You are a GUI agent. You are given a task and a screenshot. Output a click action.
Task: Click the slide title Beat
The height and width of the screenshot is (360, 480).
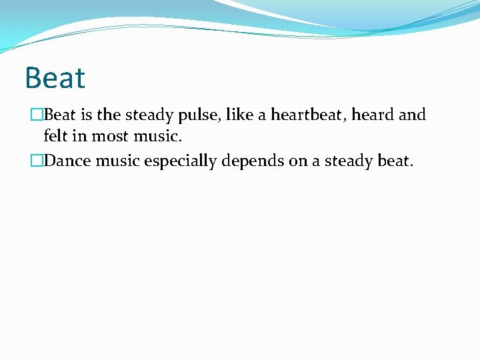click(x=55, y=78)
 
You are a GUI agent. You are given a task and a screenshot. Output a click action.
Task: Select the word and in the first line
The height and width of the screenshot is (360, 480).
click(x=412, y=115)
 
